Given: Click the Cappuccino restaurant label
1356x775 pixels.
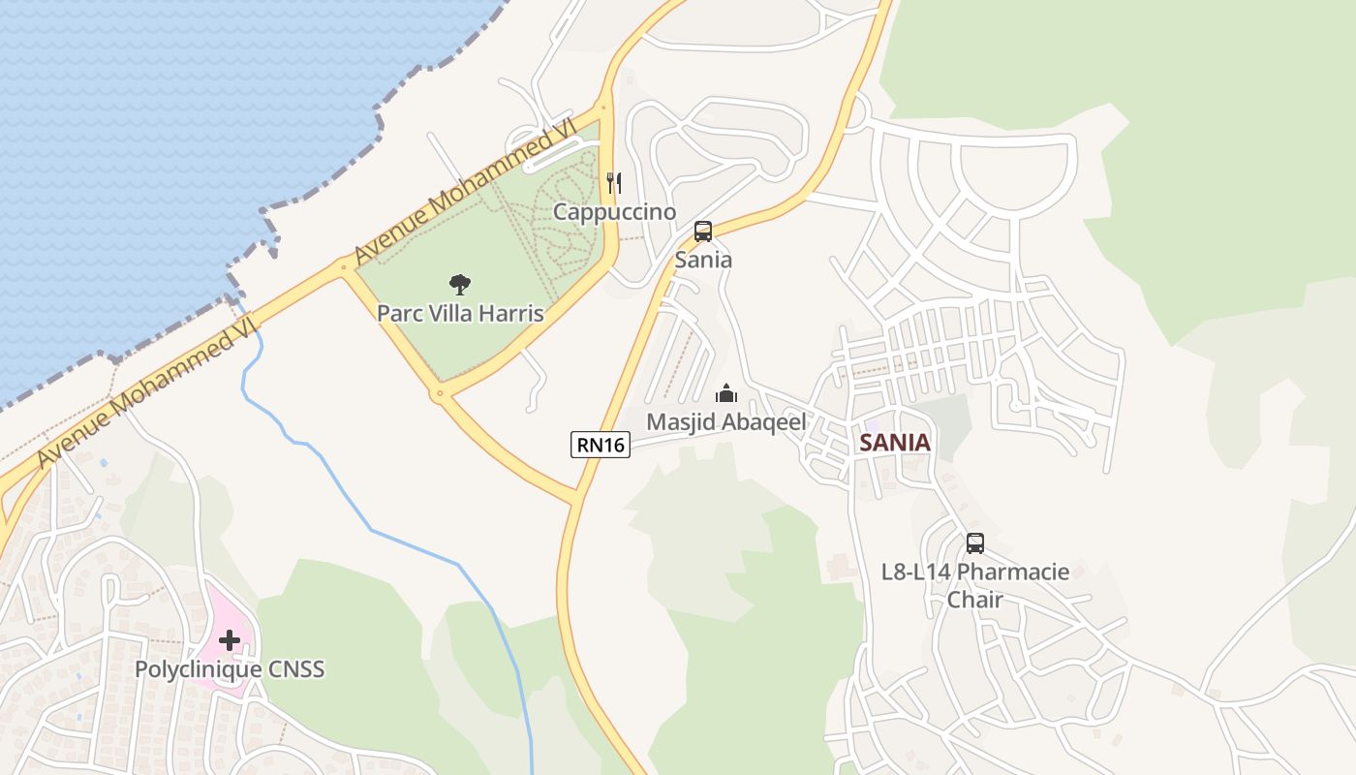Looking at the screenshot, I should point(614,211).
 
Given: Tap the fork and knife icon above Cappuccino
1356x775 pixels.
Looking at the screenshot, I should point(613,182).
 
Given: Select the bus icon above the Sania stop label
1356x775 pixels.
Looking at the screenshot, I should point(703,232).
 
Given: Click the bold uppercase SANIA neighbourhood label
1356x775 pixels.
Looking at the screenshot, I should point(894,443).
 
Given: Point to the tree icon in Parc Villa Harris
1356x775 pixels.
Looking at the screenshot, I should point(460,284).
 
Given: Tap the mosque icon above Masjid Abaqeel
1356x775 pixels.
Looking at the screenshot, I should point(725,393).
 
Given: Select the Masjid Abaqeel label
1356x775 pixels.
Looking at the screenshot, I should point(725,422).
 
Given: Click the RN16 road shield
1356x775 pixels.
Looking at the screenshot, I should point(601,445).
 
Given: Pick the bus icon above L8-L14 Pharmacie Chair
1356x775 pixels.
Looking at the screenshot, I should point(974,543).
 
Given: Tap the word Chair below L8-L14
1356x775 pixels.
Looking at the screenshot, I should point(974,600).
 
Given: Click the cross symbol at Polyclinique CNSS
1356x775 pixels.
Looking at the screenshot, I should point(230,639).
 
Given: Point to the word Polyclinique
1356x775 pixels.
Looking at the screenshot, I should point(198,669).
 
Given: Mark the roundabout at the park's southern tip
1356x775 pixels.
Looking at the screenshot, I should point(439,393).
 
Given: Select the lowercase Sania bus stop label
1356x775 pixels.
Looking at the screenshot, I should point(703,260).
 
